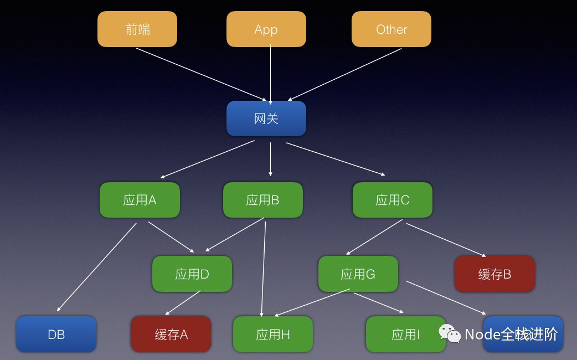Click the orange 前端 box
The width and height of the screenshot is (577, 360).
pos(137,29)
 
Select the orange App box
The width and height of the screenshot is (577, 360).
pos(266,29)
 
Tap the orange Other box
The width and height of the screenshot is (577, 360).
pos(391,29)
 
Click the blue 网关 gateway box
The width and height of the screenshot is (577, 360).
pos(266,118)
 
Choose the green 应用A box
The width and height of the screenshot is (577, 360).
pos(140,200)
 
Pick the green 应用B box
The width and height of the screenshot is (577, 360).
pos(262,200)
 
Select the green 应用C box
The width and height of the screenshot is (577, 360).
pos(393,200)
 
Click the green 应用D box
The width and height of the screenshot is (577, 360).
pos(192,274)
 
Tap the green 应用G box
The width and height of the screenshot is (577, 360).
pos(358,274)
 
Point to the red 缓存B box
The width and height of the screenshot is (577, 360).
pos(494,274)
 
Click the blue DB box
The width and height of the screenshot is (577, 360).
pos(56,334)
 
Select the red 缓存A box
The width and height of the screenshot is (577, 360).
pos(171,334)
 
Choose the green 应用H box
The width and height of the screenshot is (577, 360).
pos(273,334)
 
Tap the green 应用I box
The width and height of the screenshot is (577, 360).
pos(405,334)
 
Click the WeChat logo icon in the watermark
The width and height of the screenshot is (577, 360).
pos(450,333)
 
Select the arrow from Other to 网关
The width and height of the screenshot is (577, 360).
pos(345,75)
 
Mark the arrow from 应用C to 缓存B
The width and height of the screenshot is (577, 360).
pos(446,240)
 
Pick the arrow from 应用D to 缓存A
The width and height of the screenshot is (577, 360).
pos(183,303)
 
